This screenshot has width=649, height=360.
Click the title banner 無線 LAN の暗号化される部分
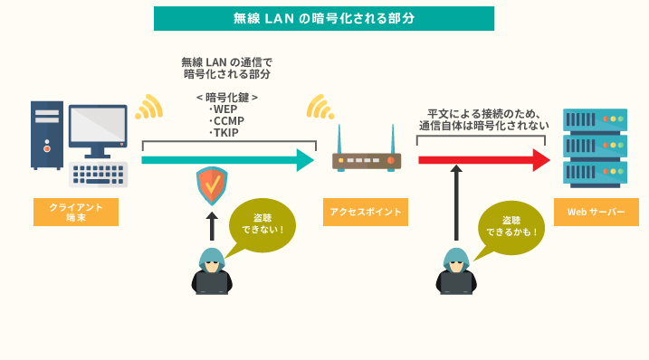324,18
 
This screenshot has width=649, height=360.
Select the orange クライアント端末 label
76,212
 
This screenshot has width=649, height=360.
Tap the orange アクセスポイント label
366,212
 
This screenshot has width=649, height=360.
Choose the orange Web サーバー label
596,212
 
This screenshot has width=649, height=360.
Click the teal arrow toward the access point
226,160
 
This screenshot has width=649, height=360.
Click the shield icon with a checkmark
212,185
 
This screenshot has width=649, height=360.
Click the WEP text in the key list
224,109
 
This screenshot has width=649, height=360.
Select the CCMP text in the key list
227,120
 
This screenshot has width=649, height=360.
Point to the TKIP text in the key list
224,132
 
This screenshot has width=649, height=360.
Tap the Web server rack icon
595,145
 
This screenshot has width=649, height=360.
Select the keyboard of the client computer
99,175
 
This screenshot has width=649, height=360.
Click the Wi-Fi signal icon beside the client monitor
148,107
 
